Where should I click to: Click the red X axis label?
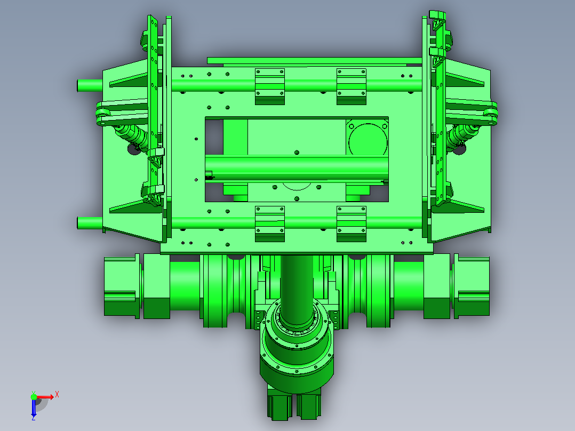click(x=57, y=395)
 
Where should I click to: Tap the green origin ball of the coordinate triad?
click(x=34, y=397)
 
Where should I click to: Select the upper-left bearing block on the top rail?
click(x=270, y=86)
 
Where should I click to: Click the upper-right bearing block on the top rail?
click(x=352, y=86)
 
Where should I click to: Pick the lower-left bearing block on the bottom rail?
click(x=270, y=224)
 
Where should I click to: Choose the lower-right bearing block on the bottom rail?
click(x=352, y=224)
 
